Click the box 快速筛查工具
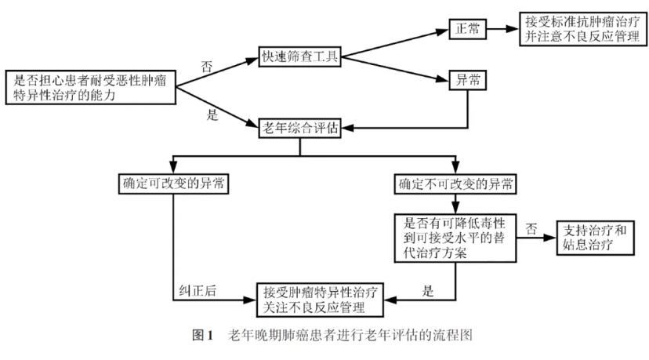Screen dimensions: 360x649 click(301, 58)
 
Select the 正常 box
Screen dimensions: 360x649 click(467, 28)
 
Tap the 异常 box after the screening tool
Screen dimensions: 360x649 click(468, 82)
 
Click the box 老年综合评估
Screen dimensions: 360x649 click(302, 129)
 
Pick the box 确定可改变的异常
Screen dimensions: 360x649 click(173, 184)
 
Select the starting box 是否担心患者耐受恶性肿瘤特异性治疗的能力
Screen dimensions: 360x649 click(88, 86)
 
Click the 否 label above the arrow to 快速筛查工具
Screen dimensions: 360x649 click(206, 67)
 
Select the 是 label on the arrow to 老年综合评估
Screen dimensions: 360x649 click(211, 115)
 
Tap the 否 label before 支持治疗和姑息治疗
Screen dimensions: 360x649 click(531, 228)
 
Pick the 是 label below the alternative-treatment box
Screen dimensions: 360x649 click(428, 290)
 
